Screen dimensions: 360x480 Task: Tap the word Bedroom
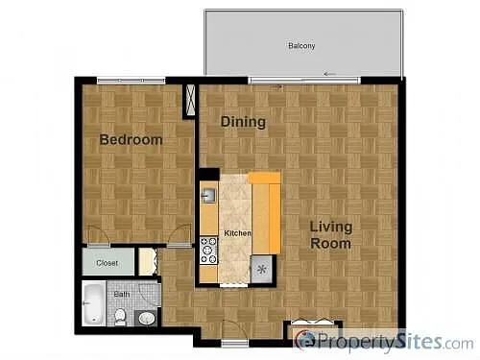[x=132, y=140]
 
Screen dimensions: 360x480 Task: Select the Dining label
[x=243, y=122]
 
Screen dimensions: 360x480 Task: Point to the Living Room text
[x=330, y=235]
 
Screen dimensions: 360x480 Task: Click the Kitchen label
[x=237, y=233]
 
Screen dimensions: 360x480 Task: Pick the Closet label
[x=107, y=261]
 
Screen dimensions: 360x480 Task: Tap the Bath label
[x=122, y=295]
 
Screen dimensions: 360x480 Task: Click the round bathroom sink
[x=146, y=317]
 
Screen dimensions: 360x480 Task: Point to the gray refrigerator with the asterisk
[x=261, y=270]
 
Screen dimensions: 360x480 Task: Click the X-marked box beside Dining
[x=189, y=100]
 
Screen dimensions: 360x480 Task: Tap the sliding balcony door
[x=303, y=79]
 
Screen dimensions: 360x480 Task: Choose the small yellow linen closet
[x=146, y=261]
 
